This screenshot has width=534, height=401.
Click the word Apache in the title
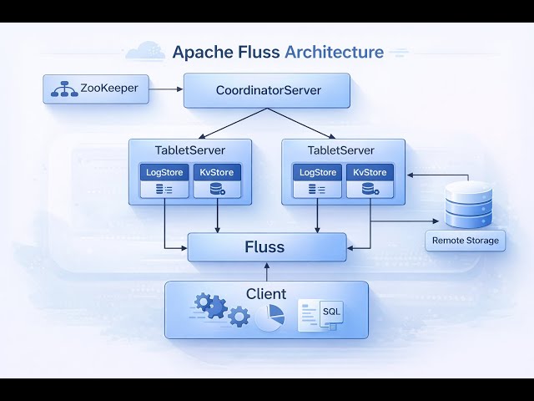point(200,52)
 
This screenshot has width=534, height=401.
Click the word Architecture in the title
point(334,52)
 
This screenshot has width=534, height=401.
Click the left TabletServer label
point(190,150)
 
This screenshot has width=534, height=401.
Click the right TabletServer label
point(340,150)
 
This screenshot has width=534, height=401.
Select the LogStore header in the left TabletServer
point(164,172)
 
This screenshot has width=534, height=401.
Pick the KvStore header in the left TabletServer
point(217,172)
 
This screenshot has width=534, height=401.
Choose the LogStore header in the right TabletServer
point(316,172)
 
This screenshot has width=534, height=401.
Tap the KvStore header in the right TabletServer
point(370,172)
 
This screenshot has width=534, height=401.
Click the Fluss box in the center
point(265,247)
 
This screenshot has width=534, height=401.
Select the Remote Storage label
point(466,241)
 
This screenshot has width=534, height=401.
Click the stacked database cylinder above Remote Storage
point(464,205)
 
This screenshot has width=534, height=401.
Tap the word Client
point(266,294)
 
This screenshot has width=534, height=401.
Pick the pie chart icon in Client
point(269,316)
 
